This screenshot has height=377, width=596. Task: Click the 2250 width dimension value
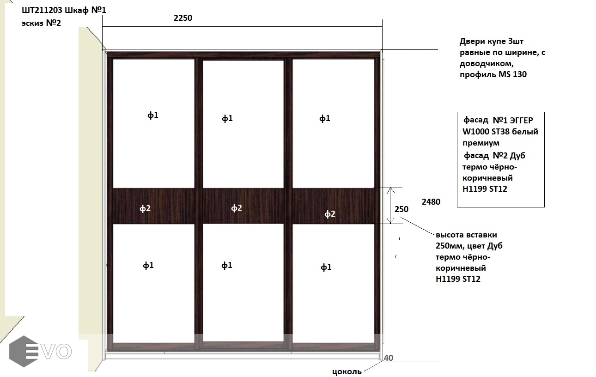(183, 18)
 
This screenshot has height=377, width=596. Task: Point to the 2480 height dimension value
(431, 202)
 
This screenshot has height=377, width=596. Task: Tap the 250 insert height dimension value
(401, 209)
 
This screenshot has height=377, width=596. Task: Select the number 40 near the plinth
(389, 358)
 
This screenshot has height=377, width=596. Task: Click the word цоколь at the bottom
(347, 371)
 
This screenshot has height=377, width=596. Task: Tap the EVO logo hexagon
(24, 351)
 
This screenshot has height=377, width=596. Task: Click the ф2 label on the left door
(145, 208)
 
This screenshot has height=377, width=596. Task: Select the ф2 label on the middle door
(236, 208)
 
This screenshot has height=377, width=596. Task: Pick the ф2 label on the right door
(330, 214)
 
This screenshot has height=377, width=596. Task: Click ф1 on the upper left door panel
(153, 115)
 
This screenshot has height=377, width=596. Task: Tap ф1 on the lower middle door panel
(227, 265)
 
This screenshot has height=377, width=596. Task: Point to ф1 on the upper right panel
(325, 118)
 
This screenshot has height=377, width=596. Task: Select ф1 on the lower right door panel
(326, 267)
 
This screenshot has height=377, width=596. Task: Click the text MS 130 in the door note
(512, 74)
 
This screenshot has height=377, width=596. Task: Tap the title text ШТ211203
(42, 10)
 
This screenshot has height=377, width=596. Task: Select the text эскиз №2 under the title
(41, 23)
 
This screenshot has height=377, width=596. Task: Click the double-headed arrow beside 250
(390, 206)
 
